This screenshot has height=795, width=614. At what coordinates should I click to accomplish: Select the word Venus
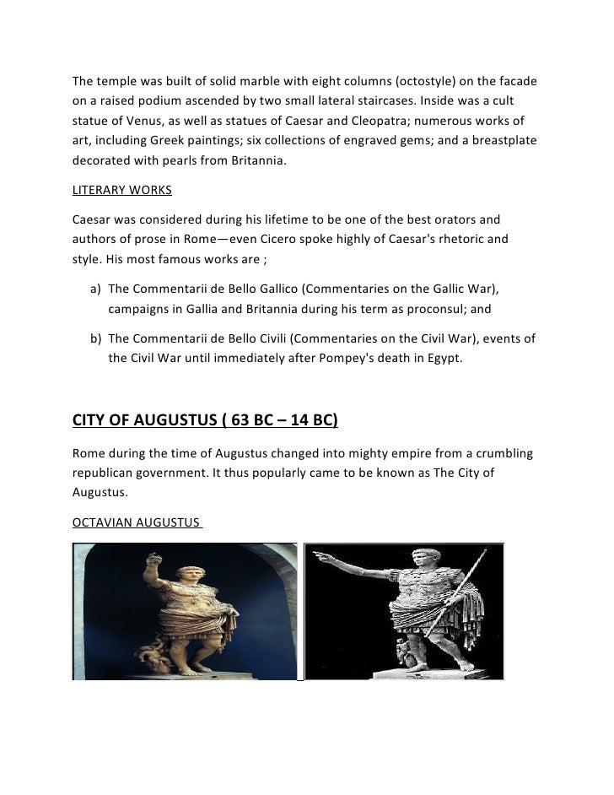tap(145, 119)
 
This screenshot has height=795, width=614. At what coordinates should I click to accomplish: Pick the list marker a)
tap(95, 289)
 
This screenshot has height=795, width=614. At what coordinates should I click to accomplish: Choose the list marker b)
tap(95, 339)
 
